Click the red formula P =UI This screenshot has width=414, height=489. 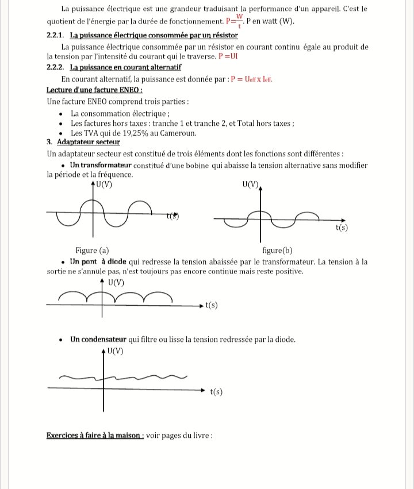click(x=228, y=57)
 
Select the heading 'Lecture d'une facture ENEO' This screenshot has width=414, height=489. click(x=94, y=90)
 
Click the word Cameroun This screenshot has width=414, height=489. click(x=176, y=133)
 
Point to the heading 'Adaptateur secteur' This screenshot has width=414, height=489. click(x=89, y=142)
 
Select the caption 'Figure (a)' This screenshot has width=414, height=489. click(x=92, y=250)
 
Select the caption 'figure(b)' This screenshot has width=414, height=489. click(x=277, y=250)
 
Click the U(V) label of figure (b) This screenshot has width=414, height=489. click(x=251, y=184)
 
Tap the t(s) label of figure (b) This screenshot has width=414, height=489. click(x=342, y=228)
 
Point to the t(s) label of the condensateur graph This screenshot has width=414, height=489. click(x=216, y=392)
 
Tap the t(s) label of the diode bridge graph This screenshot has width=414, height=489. click(x=211, y=305)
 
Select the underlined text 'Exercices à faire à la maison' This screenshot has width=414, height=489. click(x=95, y=435)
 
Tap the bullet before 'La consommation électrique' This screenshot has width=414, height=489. click(x=62, y=113)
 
